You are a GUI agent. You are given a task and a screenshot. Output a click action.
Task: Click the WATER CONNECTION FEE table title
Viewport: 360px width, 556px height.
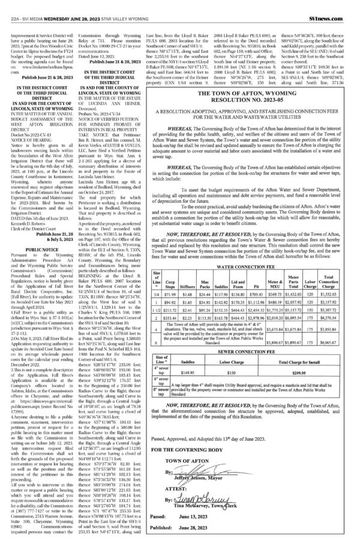255,247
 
